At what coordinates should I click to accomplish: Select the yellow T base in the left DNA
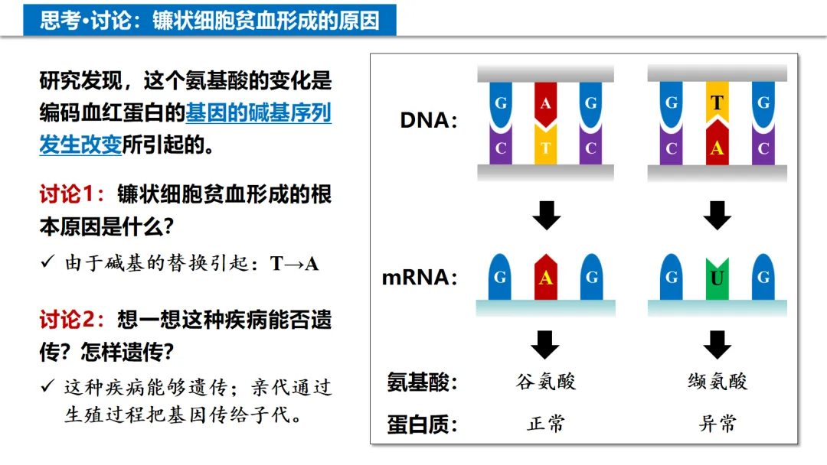545,147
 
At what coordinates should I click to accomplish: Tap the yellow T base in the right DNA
717,102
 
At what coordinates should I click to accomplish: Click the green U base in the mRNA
717,278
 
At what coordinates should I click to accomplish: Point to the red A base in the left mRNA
545,277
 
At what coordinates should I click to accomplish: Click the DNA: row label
429,121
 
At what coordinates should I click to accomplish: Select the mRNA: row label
420,278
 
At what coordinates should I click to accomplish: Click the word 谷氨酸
545,382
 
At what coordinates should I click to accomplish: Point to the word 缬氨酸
717,382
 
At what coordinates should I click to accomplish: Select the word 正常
545,424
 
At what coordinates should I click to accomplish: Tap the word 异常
717,424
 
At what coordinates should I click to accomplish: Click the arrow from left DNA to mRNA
545,215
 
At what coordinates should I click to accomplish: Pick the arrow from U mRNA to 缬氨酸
717,344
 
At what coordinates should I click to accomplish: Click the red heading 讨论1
71,195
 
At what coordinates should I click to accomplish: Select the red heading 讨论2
71,320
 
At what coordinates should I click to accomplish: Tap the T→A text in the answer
294,265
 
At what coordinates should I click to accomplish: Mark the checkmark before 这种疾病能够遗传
48,386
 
